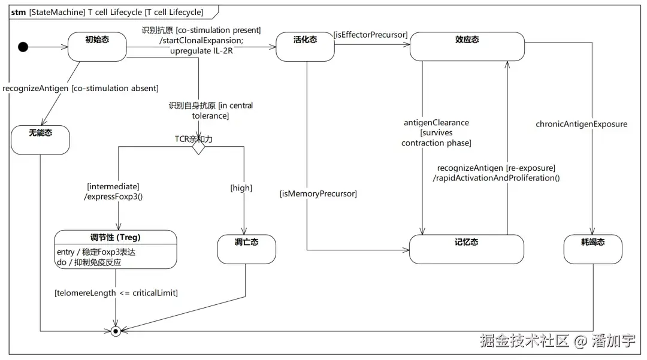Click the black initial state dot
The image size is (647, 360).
[23, 47]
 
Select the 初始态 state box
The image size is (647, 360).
[97, 47]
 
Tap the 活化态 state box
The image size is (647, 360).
[305, 47]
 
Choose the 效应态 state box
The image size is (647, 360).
[467, 47]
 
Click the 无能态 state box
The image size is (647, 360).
[41, 140]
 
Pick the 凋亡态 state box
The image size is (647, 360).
[246, 249]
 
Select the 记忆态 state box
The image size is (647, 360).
[466, 249]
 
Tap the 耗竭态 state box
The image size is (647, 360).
[593, 249]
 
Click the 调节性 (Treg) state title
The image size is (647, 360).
[116, 237]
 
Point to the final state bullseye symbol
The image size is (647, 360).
[116, 331]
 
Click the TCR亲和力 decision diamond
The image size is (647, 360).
[198, 147]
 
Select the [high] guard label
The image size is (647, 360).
[241, 188]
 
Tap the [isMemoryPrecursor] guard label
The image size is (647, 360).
[318, 193]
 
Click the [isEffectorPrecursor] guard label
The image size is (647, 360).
[371, 35]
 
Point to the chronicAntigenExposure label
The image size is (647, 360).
[581, 124]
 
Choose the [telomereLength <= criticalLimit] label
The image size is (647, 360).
[116, 293]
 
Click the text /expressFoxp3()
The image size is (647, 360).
[113, 196]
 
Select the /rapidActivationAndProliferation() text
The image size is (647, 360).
[497, 178]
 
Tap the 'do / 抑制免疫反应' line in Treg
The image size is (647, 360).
[89, 262]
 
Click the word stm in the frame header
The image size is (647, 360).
[18, 13]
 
